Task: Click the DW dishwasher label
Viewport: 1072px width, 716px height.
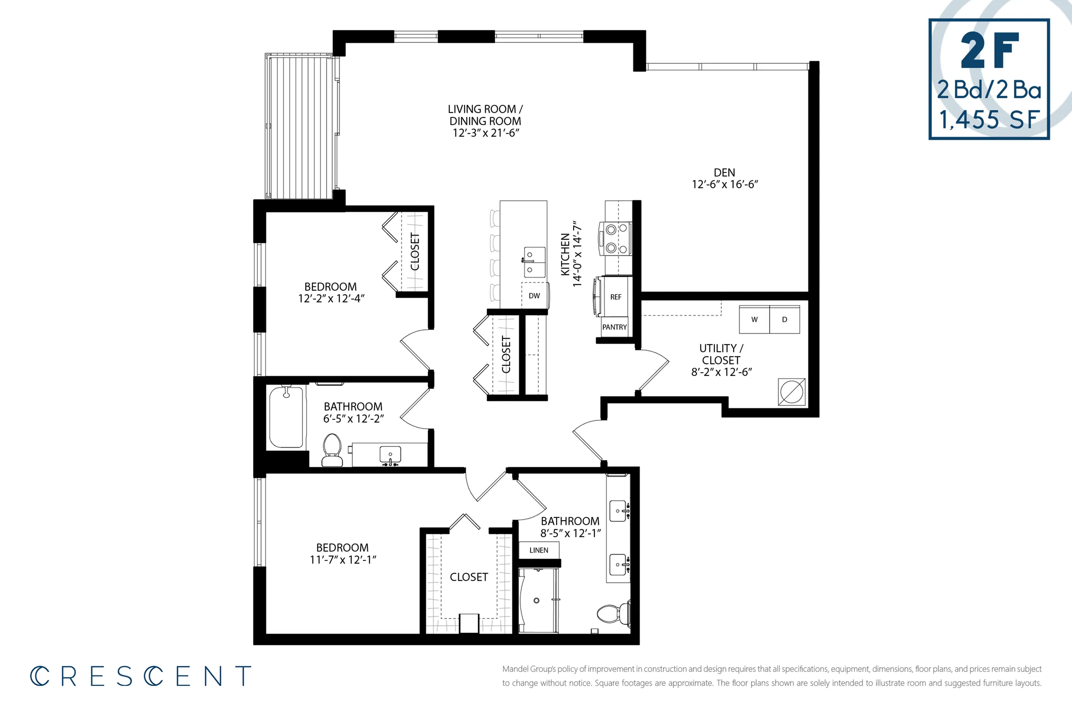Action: click(534, 296)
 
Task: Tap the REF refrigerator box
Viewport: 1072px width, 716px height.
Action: click(615, 297)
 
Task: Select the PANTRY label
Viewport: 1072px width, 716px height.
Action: click(614, 327)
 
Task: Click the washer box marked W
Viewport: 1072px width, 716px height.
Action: click(754, 320)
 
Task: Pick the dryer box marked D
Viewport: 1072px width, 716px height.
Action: click(784, 320)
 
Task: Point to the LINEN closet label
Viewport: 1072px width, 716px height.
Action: click(539, 550)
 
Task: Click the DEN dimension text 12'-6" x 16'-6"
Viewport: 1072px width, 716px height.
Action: click(725, 185)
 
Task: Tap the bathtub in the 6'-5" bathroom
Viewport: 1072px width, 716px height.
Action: click(286, 417)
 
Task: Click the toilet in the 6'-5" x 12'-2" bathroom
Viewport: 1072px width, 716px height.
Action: click(332, 450)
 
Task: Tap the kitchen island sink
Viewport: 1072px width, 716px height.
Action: click(534, 262)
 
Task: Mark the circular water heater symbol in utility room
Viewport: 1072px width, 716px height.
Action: click(791, 392)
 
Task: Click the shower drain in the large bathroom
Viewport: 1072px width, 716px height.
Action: click(537, 601)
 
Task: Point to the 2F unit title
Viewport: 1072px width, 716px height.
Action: click(989, 50)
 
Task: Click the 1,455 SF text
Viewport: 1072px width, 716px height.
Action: click(989, 120)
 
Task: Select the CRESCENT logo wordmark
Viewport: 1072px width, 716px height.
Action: click(141, 676)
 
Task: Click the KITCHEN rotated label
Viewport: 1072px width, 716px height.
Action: click(565, 254)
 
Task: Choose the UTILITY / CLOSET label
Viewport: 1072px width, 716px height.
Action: click(721, 354)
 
